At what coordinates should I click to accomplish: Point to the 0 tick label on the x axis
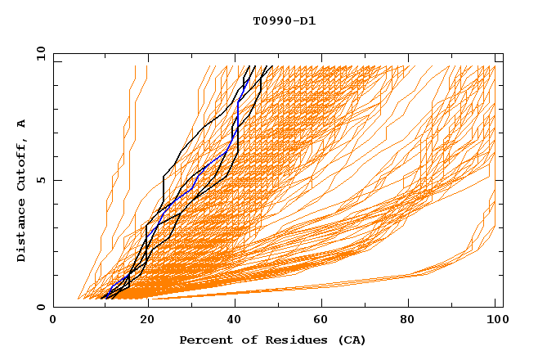(54, 320)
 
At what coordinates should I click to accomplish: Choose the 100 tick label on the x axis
(494, 320)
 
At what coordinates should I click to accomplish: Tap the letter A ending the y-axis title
(22, 123)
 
